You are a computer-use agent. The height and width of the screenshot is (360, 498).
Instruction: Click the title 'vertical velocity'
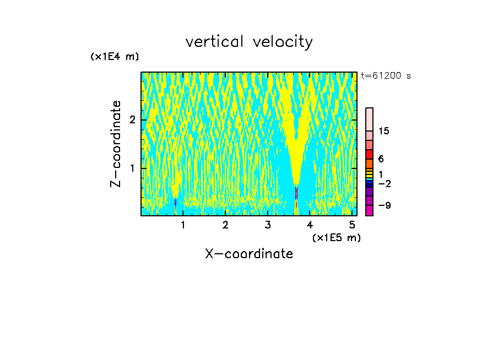pos(249,42)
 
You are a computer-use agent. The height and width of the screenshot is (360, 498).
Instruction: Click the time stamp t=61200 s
pos(386,76)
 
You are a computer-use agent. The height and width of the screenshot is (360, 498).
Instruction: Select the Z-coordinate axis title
pos(116,144)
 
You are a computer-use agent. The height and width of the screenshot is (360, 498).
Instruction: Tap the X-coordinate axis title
pos(249,254)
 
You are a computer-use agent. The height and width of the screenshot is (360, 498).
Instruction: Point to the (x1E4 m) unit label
pos(115,57)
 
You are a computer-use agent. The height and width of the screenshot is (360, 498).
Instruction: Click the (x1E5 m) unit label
pos(336,237)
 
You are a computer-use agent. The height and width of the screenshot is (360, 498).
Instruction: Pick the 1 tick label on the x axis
pos(183,225)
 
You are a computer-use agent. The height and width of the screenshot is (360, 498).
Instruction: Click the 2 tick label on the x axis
pos(225,225)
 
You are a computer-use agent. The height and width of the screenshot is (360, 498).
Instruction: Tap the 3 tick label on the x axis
pos(268,225)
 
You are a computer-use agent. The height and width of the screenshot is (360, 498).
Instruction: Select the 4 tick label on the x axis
pos(310,225)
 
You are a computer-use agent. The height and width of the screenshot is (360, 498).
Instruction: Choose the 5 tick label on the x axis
pos(352,225)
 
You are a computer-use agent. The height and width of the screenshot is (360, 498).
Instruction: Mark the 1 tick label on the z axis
pos(132,168)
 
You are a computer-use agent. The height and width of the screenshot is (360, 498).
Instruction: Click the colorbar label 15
pos(384,131)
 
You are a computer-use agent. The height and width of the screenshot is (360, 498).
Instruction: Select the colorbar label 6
pos(381,159)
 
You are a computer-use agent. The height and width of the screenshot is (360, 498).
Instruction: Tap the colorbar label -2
pos(384,183)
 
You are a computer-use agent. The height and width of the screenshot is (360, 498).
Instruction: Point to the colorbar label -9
pos(384,205)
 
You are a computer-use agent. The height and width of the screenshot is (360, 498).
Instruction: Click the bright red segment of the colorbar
pos(369,154)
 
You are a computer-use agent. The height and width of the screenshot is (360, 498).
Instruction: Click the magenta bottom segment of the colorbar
pos(369,210)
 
